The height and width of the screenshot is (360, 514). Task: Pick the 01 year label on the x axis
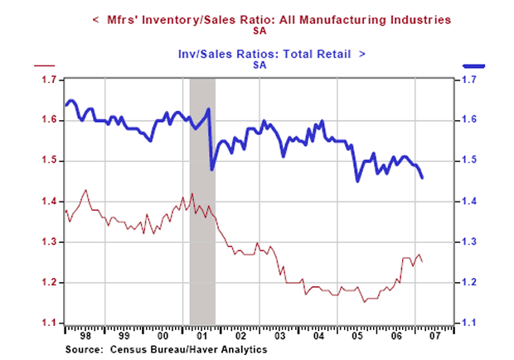point(201,338)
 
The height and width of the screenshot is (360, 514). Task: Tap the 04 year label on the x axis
point(319,338)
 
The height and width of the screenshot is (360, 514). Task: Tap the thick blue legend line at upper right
point(472,65)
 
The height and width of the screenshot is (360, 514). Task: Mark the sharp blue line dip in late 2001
point(212,169)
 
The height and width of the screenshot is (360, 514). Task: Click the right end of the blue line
point(423,178)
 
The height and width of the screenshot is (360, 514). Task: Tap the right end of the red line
point(423,261)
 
